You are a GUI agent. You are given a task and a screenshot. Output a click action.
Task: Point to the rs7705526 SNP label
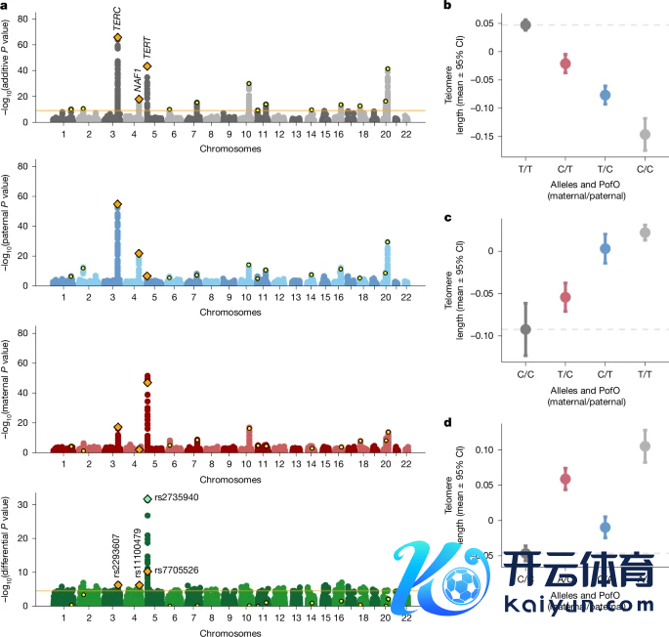(178, 570)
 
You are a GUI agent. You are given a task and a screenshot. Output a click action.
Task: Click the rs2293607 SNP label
(118, 558)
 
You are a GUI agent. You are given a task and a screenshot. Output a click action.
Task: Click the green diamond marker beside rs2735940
(147, 499)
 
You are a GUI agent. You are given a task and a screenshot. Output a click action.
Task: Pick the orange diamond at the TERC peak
(118, 38)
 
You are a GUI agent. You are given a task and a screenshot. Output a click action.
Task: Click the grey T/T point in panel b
(524, 24)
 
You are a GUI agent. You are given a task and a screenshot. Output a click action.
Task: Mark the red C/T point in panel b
(564, 64)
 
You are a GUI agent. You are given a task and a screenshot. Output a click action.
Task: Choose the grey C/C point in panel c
(524, 329)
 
